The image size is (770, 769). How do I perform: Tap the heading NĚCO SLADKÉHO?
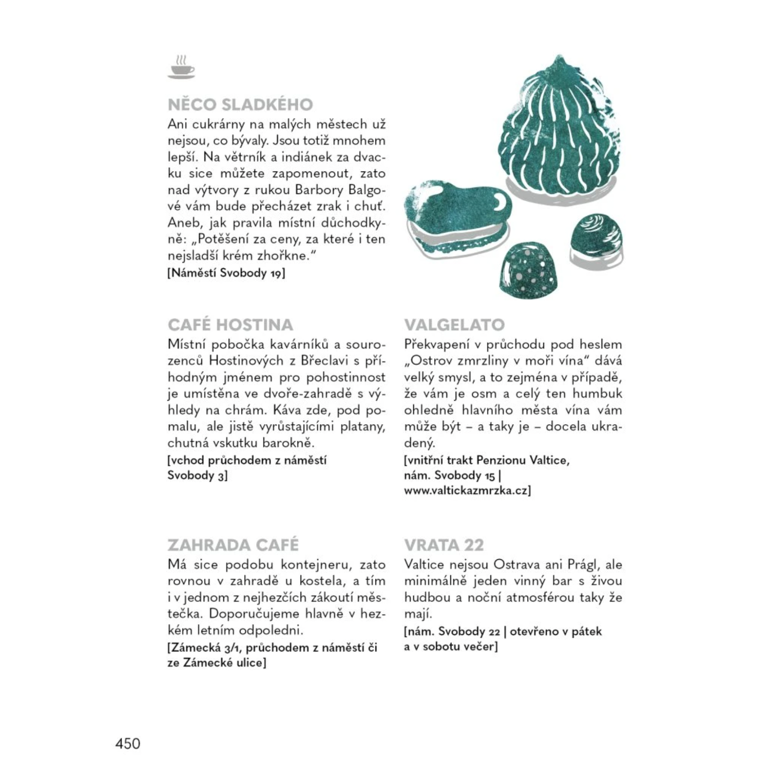click(x=240, y=105)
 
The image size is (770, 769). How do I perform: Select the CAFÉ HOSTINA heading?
click(x=230, y=325)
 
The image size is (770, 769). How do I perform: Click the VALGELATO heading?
click(x=454, y=325)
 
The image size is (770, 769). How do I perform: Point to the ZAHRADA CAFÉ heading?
click(x=233, y=545)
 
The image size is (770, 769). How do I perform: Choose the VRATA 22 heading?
click(x=444, y=545)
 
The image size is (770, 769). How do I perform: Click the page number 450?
click(x=128, y=743)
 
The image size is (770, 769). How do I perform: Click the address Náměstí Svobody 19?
click(x=226, y=273)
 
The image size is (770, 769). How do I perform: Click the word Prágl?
click(x=582, y=565)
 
